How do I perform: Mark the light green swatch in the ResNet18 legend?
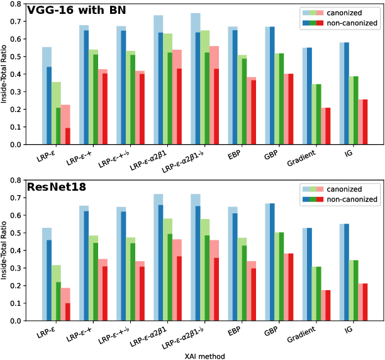[311, 189]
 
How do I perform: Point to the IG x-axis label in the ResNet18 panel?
[350, 329]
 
